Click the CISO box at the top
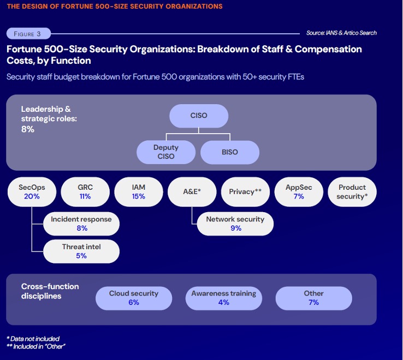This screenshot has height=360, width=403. coord(199,116)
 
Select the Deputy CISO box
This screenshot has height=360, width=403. coord(166,152)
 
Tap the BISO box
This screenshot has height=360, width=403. coord(230,152)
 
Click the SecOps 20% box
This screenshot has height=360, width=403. coord(32,191)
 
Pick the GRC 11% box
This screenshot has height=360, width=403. coord(85,191)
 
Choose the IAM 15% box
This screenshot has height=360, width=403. coord(139,191)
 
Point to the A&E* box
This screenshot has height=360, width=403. coord(192,191)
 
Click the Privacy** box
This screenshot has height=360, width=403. coord(246,191)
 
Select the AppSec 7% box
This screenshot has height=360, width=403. coord(299,191)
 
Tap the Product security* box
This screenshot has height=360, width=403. coord(352,191)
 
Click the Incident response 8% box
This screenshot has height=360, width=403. coord(81,224)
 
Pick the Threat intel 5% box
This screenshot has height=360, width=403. coord(81,251)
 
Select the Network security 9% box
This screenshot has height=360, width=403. coord(235,224)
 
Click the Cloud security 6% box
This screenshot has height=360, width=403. coord(134,298)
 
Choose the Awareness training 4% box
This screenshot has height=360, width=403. coord(224,298)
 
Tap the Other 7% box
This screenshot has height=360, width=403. coord(313,298)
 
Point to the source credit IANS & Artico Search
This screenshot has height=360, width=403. coord(341,33)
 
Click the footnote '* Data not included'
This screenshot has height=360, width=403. coord(33,339)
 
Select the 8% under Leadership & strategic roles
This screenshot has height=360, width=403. coord(28,129)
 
